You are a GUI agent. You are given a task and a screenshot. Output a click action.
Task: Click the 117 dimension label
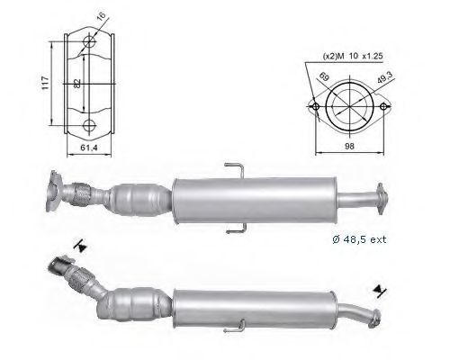[x=45, y=83]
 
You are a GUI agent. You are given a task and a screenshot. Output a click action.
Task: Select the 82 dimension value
[x=77, y=84]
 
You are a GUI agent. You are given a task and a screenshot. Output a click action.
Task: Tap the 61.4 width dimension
[x=89, y=148]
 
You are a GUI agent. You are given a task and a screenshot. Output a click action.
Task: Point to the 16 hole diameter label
[x=102, y=16]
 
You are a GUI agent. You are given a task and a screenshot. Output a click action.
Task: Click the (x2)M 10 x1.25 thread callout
[x=353, y=56]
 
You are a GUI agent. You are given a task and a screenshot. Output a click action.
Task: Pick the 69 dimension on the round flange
[x=324, y=76]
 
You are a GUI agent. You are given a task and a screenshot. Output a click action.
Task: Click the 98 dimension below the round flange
[x=349, y=146]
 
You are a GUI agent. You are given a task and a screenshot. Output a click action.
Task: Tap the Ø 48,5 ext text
[x=359, y=239]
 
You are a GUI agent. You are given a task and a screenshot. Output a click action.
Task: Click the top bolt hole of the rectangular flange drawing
[x=89, y=41]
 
